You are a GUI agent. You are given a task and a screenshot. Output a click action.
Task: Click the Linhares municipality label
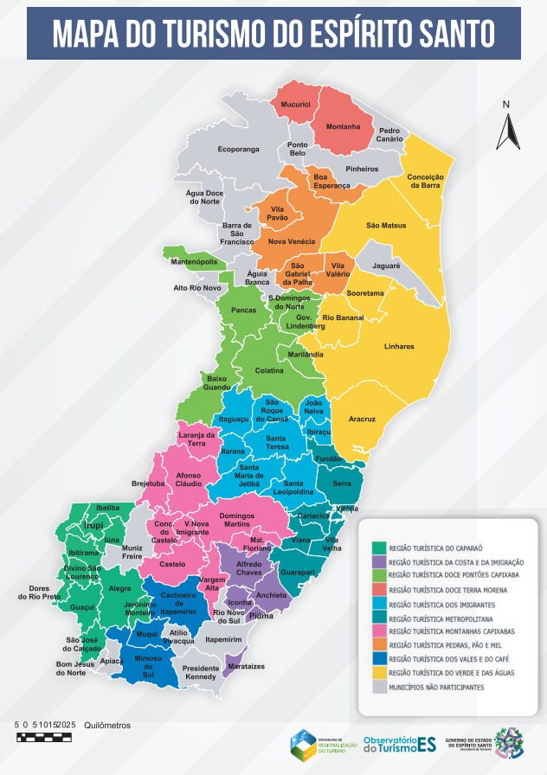point(399,346)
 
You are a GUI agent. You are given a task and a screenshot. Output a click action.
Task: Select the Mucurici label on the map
point(295,105)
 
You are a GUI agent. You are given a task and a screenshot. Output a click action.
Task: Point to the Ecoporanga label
point(238,150)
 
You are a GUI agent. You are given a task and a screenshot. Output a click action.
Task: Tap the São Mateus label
point(385,226)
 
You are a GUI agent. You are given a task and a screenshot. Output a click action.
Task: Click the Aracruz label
point(362,419)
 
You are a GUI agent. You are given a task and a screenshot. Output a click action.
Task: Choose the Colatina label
point(269,370)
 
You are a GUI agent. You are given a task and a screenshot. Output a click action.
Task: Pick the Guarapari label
point(298,573)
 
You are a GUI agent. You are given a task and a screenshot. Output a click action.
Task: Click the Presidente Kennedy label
point(201,673)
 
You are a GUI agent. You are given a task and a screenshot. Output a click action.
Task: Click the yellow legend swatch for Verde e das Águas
point(378,672)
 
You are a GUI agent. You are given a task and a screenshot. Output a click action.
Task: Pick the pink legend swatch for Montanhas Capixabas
point(378,631)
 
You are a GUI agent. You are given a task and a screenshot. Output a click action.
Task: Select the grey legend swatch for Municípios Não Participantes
point(378,687)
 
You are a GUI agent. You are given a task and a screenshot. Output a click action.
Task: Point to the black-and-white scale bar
point(46,737)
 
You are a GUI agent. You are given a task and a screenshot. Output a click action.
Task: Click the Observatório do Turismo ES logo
point(399,744)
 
